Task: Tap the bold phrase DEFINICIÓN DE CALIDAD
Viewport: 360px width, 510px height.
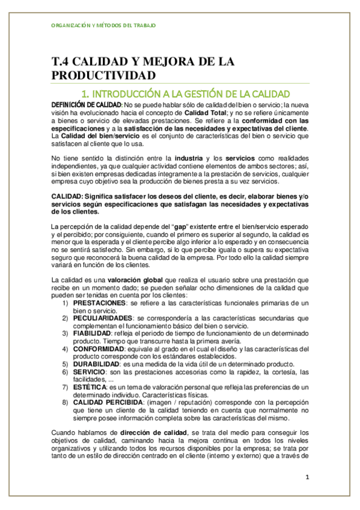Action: [x=78, y=105]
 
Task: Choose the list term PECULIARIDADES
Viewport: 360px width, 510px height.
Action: [x=102, y=318]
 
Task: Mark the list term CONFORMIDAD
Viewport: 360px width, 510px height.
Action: [x=98, y=348]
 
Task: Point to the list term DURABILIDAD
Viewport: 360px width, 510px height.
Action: [x=96, y=363]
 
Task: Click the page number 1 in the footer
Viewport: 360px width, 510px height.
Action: [x=307, y=478]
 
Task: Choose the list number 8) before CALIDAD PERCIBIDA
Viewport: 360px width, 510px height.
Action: [x=66, y=402]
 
